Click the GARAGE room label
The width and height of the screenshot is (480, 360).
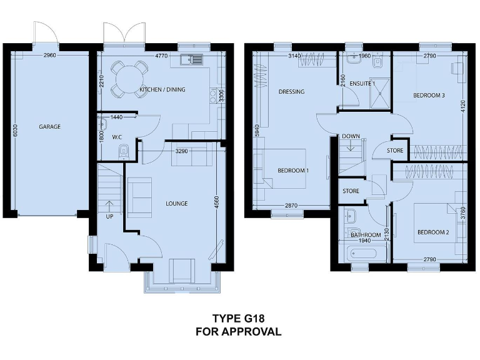point(49,127)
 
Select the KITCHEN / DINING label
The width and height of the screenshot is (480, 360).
point(162,90)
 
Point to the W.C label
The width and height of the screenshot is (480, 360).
point(117,137)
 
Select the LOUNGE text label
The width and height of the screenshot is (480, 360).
point(177,204)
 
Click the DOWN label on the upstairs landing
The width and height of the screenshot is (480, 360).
point(351,136)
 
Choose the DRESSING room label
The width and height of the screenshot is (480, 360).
point(291,92)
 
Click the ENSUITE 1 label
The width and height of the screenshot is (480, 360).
point(362,83)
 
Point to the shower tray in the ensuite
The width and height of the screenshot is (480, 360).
point(379,94)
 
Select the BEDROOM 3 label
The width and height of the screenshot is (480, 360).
point(429,96)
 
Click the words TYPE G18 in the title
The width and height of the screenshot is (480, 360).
point(238,318)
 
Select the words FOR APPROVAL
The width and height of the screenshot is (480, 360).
point(238,332)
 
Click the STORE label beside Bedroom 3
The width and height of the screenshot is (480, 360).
point(395,151)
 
